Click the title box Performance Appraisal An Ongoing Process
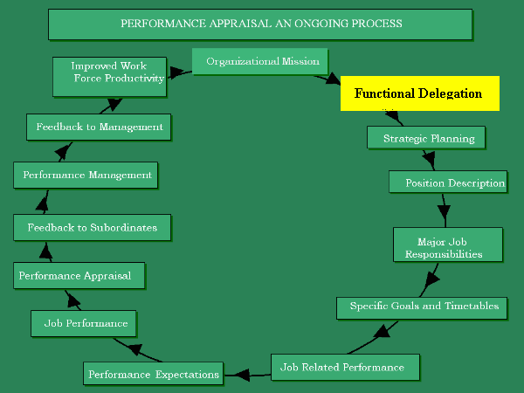[x=260, y=24]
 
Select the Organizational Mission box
[x=260, y=62]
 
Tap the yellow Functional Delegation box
[x=419, y=93]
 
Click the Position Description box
[x=447, y=183]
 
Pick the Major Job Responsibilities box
[x=448, y=245]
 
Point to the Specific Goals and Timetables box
[x=423, y=307]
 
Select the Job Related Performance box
[x=345, y=367]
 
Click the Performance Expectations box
[x=153, y=374]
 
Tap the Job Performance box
[x=86, y=323]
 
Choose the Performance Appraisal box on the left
[x=79, y=276]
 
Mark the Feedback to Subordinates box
[x=92, y=228]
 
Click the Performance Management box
[x=86, y=175]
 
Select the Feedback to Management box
[x=99, y=127]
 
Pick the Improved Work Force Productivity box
[x=109, y=77]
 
